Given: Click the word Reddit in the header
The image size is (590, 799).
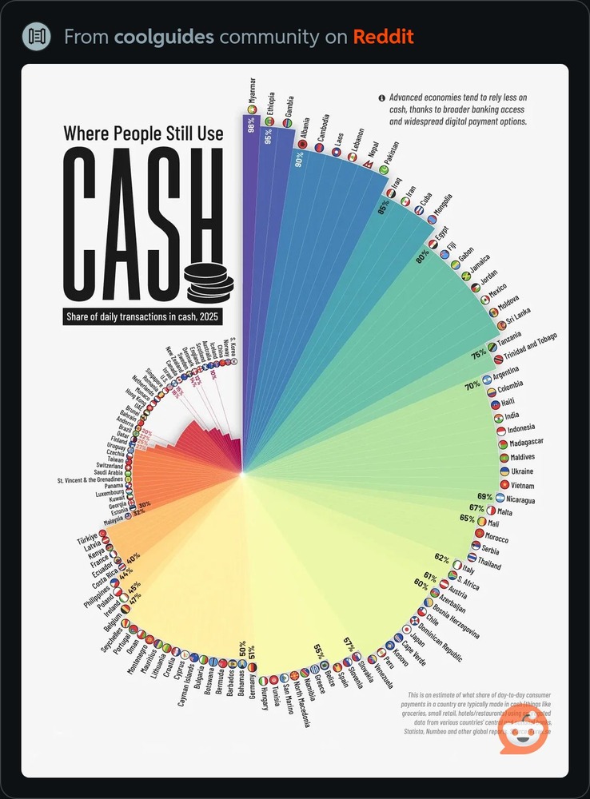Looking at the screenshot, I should [385, 37].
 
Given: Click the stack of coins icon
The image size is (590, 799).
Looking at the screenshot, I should [209, 279].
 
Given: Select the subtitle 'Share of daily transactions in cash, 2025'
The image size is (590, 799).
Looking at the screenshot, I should [143, 317].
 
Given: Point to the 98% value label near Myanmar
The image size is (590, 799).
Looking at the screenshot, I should [250, 125].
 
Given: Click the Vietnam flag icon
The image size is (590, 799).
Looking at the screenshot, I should [504, 485].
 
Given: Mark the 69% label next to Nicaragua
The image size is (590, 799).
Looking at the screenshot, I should [484, 497].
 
